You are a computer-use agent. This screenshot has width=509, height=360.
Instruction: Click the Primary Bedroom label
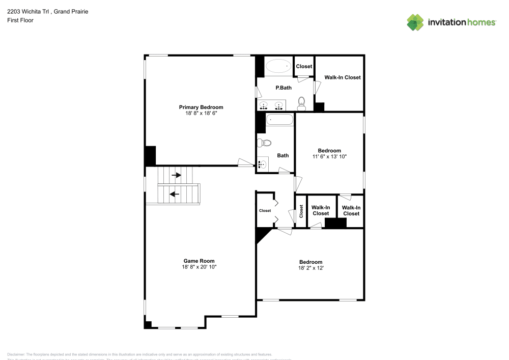201,107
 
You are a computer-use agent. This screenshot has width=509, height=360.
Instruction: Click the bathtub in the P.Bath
278,66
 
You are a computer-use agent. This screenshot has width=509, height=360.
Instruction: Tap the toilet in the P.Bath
301,103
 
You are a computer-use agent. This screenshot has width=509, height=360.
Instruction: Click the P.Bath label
283,88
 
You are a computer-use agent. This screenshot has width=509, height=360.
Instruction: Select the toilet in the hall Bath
264,142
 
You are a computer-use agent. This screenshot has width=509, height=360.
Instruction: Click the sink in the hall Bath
263,164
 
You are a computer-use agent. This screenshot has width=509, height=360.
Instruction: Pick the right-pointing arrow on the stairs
177,175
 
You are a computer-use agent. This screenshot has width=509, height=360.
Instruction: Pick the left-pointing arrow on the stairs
175,193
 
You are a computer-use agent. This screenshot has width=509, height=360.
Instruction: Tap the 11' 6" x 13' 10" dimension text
329,156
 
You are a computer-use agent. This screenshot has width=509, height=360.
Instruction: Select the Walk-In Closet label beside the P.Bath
343,77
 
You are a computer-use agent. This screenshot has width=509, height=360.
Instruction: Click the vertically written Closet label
301,211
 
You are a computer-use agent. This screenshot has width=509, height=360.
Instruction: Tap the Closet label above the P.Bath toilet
304,66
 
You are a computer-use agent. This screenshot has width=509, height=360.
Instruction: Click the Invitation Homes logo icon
415,22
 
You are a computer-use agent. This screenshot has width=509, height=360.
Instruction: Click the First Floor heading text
20,20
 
